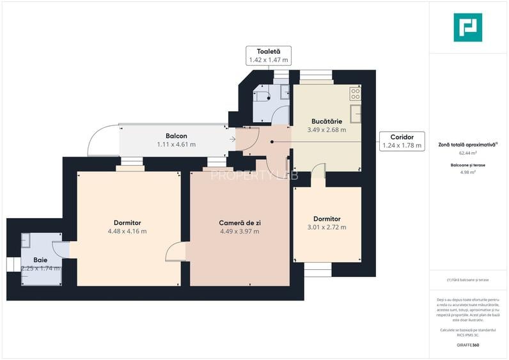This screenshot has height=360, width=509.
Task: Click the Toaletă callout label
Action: (x=268, y=55)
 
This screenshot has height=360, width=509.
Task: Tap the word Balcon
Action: (x=176, y=136)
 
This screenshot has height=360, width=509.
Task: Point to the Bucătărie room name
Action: (x=326, y=121)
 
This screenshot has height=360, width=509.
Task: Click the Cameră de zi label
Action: (x=239, y=223)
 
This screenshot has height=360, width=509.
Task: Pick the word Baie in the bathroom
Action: (x=40, y=260)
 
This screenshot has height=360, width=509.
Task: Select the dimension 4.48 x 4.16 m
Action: (x=127, y=231)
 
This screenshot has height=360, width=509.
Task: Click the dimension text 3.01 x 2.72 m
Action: (x=326, y=227)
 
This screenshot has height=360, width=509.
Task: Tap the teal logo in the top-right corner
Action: (x=467, y=27)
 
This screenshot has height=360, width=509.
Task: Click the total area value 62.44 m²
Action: (x=468, y=153)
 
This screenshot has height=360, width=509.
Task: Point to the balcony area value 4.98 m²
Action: (x=468, y=172)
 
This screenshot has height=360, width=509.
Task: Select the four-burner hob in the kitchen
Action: (x=355, y=93)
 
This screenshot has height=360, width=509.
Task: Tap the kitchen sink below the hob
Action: (x=356, y=113)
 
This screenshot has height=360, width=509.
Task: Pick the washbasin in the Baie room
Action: (x=26, y=240)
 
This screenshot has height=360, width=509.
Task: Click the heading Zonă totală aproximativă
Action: (x=468, y=145)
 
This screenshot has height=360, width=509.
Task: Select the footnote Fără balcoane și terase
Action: (x=468, y=280)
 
